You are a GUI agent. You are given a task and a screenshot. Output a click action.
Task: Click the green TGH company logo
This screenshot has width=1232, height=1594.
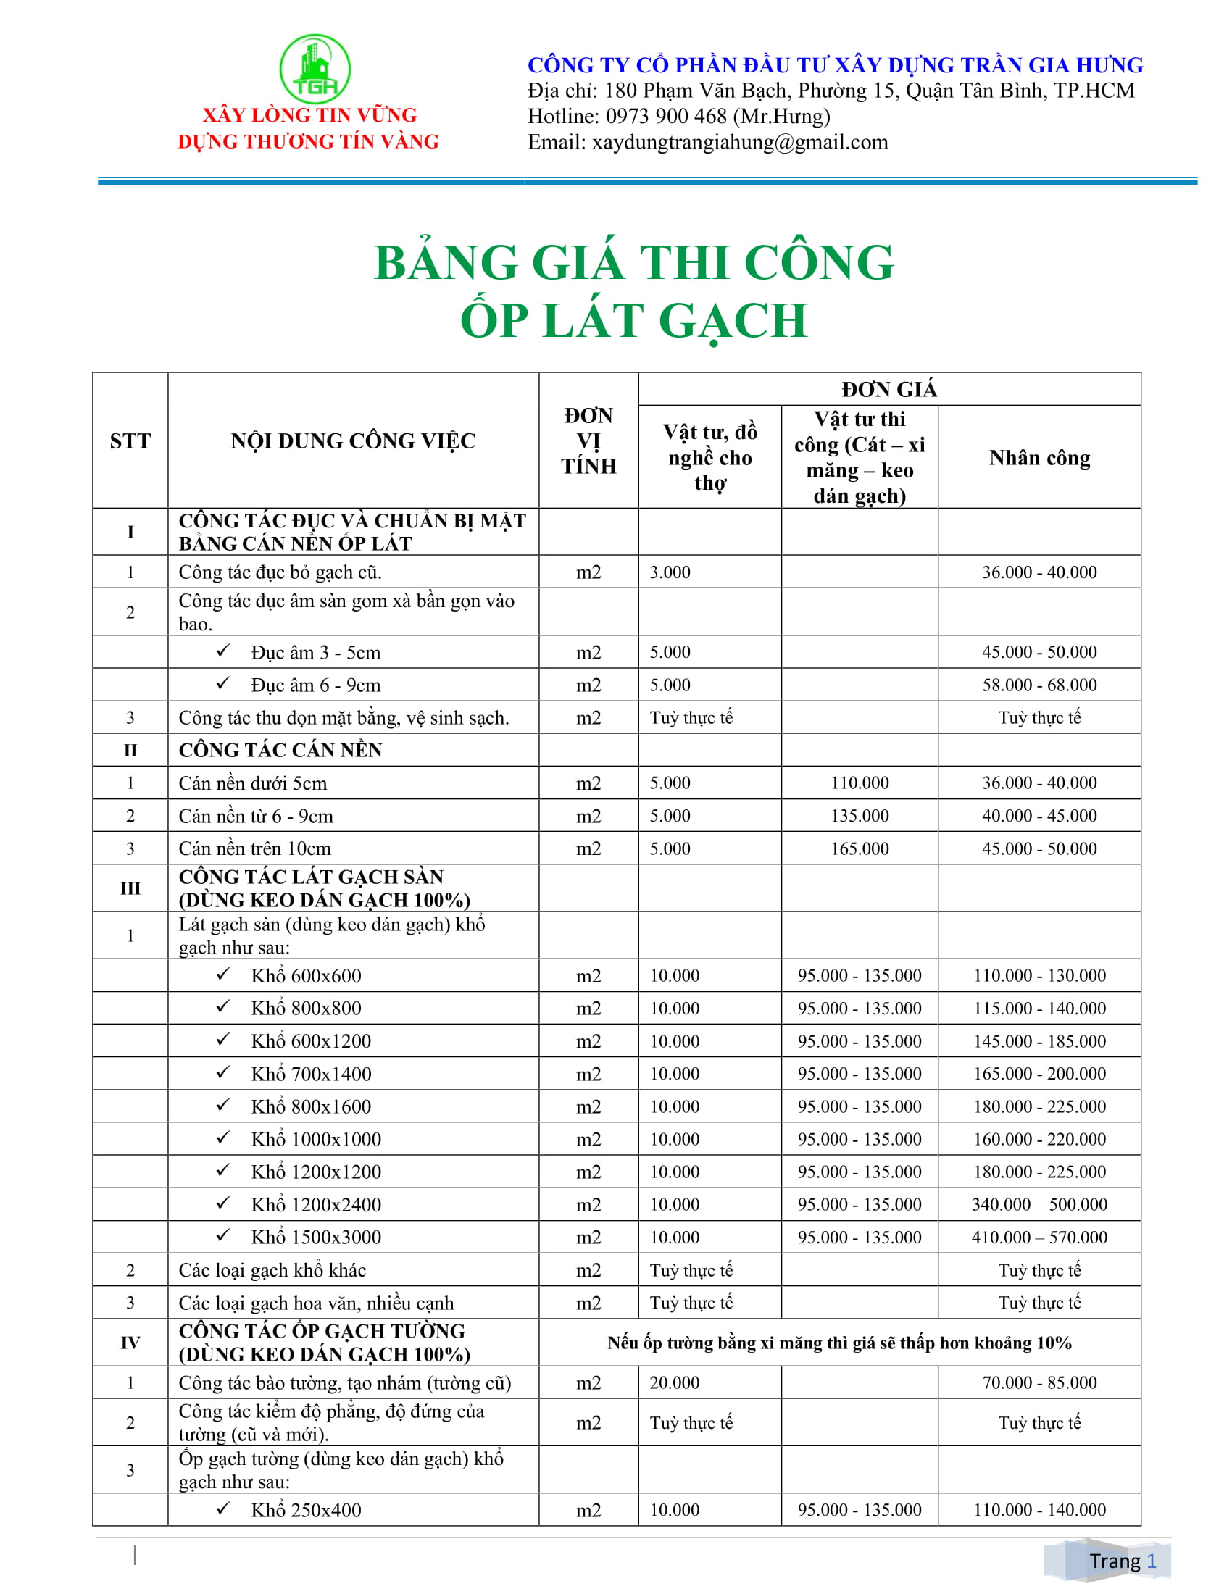pyautogui.click(x=315, y=69)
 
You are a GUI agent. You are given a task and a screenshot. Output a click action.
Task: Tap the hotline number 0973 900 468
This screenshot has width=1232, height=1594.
pyautogui.click(x=665, y=116)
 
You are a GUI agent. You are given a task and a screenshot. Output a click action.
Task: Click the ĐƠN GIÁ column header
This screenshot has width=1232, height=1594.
pyautogui.click(x=888, y=389)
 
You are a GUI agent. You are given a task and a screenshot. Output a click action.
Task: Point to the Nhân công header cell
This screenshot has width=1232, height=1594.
pyautogui.click(x=1039, y=458)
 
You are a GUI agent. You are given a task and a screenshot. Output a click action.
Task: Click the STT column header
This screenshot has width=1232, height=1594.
pyautogui.click(x=130, y=441)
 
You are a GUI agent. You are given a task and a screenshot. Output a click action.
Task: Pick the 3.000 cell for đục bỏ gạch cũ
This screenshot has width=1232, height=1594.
pyautogui.click(x=670, y=572)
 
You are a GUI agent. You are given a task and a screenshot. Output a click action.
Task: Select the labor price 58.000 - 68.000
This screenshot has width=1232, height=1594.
pyautogui.click(x=1039, y=685)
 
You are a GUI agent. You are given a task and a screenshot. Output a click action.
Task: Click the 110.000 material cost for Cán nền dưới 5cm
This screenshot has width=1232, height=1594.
pyautogui.click(x=859, y=783)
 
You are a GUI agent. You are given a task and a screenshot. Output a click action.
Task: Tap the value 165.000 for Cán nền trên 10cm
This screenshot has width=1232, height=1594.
pyautogui.click(x=859, y=848)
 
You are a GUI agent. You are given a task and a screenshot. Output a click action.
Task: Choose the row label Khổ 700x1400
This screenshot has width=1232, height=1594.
pyautogui.click(x=311, y=1074)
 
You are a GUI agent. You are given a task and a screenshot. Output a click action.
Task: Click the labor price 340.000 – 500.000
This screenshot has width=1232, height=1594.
pyautogui.click(x=1039, y=1204)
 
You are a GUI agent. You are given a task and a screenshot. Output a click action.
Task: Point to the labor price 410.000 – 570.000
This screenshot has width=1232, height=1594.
pyautogui.click(x=1039, y=1237)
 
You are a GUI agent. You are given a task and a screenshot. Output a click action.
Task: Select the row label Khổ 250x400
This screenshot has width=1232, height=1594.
pyautogui.click(x=306, y=1510)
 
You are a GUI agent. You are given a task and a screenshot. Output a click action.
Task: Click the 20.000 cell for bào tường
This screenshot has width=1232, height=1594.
pyautogui.click(x=674, y=1382)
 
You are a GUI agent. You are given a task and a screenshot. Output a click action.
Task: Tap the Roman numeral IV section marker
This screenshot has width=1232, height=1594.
pyautogui.click(x=130, y=1342)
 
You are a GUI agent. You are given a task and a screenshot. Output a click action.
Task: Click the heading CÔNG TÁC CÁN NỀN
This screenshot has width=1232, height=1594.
pyautogui.click(x=280, y=751)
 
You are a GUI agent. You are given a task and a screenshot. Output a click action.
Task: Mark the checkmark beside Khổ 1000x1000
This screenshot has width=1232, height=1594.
pyautogui.click(x=223, y=1138)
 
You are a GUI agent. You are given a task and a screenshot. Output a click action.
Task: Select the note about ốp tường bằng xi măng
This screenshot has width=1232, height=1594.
pyautogui.click(x=839, y=1343)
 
